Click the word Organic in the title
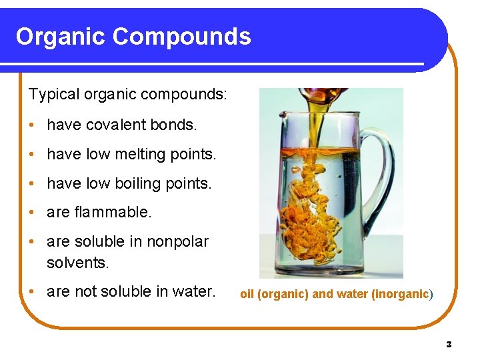click(x=60, y=36)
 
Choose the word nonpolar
click(x=179, y=241)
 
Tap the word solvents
click(x=77, y=263)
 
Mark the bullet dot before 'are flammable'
click(x=32, y=213)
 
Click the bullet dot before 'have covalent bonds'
click(x=32, y=125)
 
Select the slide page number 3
click(x=449, y=344)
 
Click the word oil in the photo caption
click(x=247, y=294)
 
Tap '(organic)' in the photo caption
click(x=283, y=294)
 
